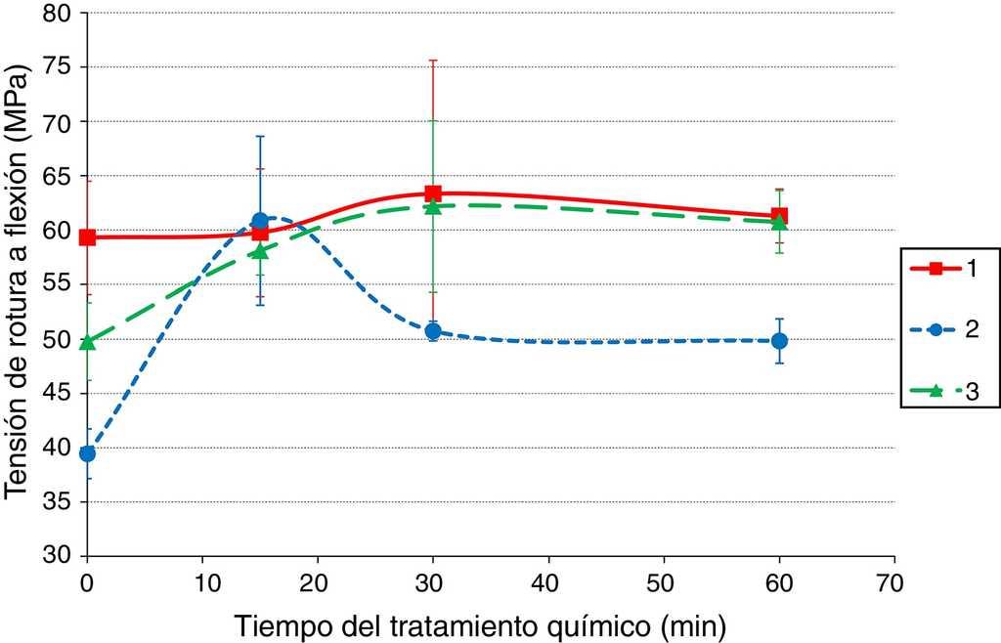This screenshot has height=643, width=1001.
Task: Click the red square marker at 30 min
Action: point(433,193)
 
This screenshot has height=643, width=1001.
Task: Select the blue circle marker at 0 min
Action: point(87,453)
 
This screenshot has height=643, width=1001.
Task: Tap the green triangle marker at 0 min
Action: point(87,341)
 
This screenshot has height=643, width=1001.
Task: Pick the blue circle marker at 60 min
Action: point(779,341)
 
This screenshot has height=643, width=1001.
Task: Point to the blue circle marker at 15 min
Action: point(260,221)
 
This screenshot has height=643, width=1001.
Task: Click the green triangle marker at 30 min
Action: point(433,206)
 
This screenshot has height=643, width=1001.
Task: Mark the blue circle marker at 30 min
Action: point(433,331)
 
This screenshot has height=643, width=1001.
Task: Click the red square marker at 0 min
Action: point(87,237)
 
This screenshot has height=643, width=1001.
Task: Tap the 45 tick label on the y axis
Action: point(58,395)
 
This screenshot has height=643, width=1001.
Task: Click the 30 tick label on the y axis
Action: point(58,558)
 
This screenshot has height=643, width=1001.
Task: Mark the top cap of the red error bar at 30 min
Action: point(433,61)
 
